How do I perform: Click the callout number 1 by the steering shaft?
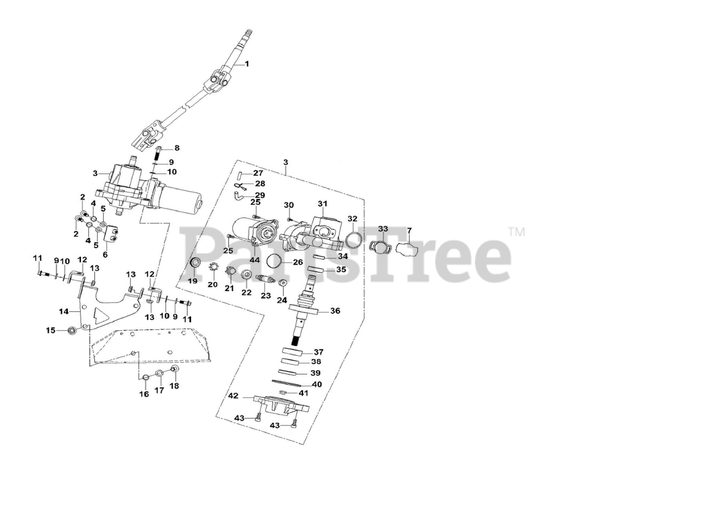[x=247, y=64]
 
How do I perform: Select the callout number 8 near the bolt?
[x=177, y=147]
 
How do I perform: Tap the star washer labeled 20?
[x=213, y=268]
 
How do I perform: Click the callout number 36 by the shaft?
[x=335, y=311]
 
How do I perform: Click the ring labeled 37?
[x=292, y=352]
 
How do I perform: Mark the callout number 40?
[x=317, y=385]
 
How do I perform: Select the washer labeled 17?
[x=159, y=375]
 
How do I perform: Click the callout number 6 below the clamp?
[x=105, y=255]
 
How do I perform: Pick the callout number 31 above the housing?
[x=322, y=204]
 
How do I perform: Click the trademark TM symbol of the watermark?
[x=517, y=232]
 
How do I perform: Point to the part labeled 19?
[x=194, y=263]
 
